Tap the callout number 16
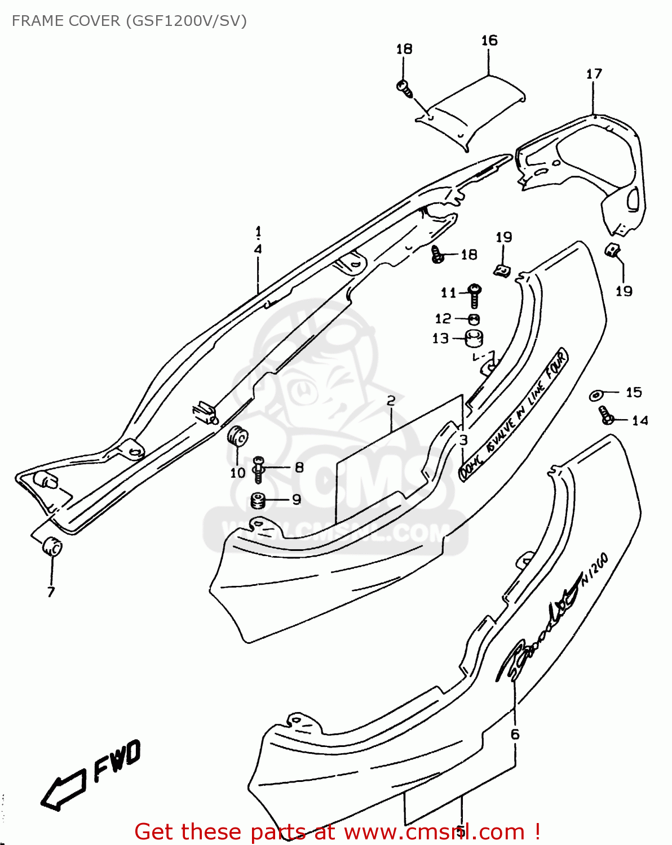[489, 41]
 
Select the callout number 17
[594, 74]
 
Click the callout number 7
[51, 591]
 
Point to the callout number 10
[237, 473]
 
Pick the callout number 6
[515, 734]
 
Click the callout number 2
[391, 401]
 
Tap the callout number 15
[634, 392]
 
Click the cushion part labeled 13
[474, 339]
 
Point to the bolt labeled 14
[606, 416]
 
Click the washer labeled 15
[596, 395]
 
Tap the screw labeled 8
[258, 469]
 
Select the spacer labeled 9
[258, 500]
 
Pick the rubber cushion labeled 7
[52, 546]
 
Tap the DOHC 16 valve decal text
[513, 414]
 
